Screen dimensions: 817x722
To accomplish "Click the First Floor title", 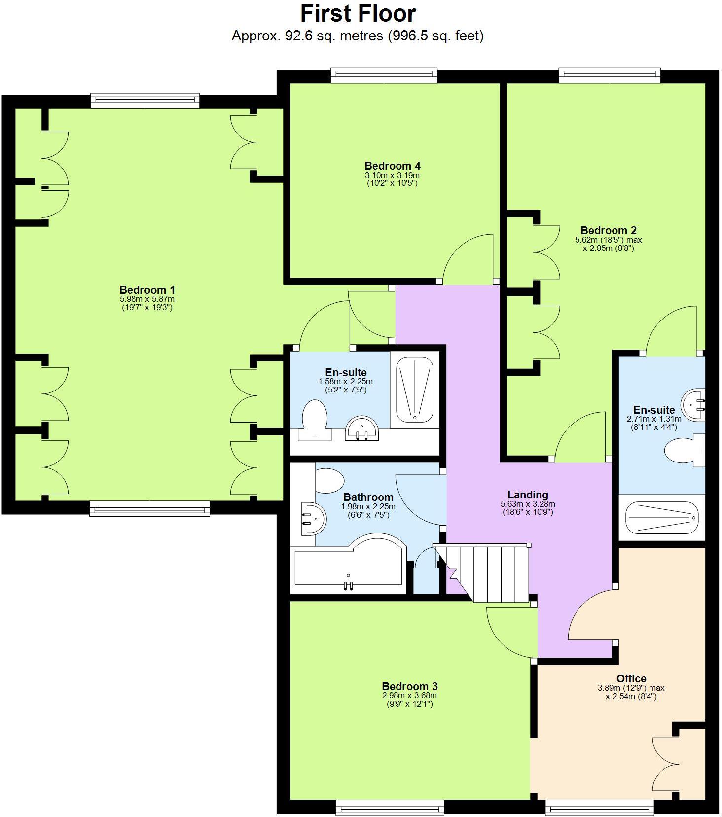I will tap(358, 14).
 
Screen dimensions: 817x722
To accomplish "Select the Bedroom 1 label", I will tap(147, 290).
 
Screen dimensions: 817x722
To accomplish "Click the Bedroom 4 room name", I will tap(392, 166).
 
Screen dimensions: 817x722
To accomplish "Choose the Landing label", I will tap(528, 495).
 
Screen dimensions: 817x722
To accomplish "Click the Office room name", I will tap(631, 678).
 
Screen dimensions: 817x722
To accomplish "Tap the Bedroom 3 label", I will tap(409, 686).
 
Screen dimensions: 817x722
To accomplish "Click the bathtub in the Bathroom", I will tap(348, 567).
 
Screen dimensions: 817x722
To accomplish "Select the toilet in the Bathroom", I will tap(329, 480).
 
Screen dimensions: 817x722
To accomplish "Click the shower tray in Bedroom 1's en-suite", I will tap(415, 389).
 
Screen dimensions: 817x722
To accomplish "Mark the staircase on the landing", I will tap(488, 572).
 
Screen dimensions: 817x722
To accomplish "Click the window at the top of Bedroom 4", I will tap(384, 74).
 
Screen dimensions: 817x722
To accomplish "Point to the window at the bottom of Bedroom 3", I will tap(390, 807).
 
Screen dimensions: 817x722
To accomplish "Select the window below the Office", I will tap(599, 807).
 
